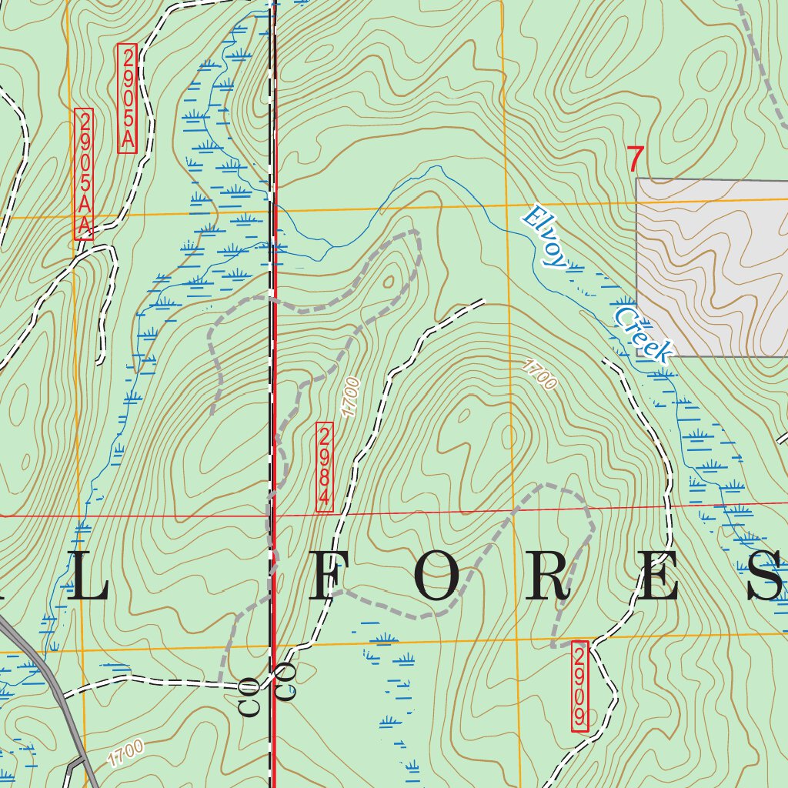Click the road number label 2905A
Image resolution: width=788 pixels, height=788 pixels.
pos(127,98)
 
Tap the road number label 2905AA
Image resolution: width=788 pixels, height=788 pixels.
pos(84,175)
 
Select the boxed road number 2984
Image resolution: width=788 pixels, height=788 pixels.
pos(325,466)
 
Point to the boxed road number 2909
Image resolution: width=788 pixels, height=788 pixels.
pos(580,687)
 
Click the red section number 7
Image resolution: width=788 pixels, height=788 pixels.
pos(635,160)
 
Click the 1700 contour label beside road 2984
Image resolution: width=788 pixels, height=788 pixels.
pos(351,397)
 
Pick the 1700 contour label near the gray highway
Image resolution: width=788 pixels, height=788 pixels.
pos(125,753)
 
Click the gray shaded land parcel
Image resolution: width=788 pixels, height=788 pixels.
pos(712,265)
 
